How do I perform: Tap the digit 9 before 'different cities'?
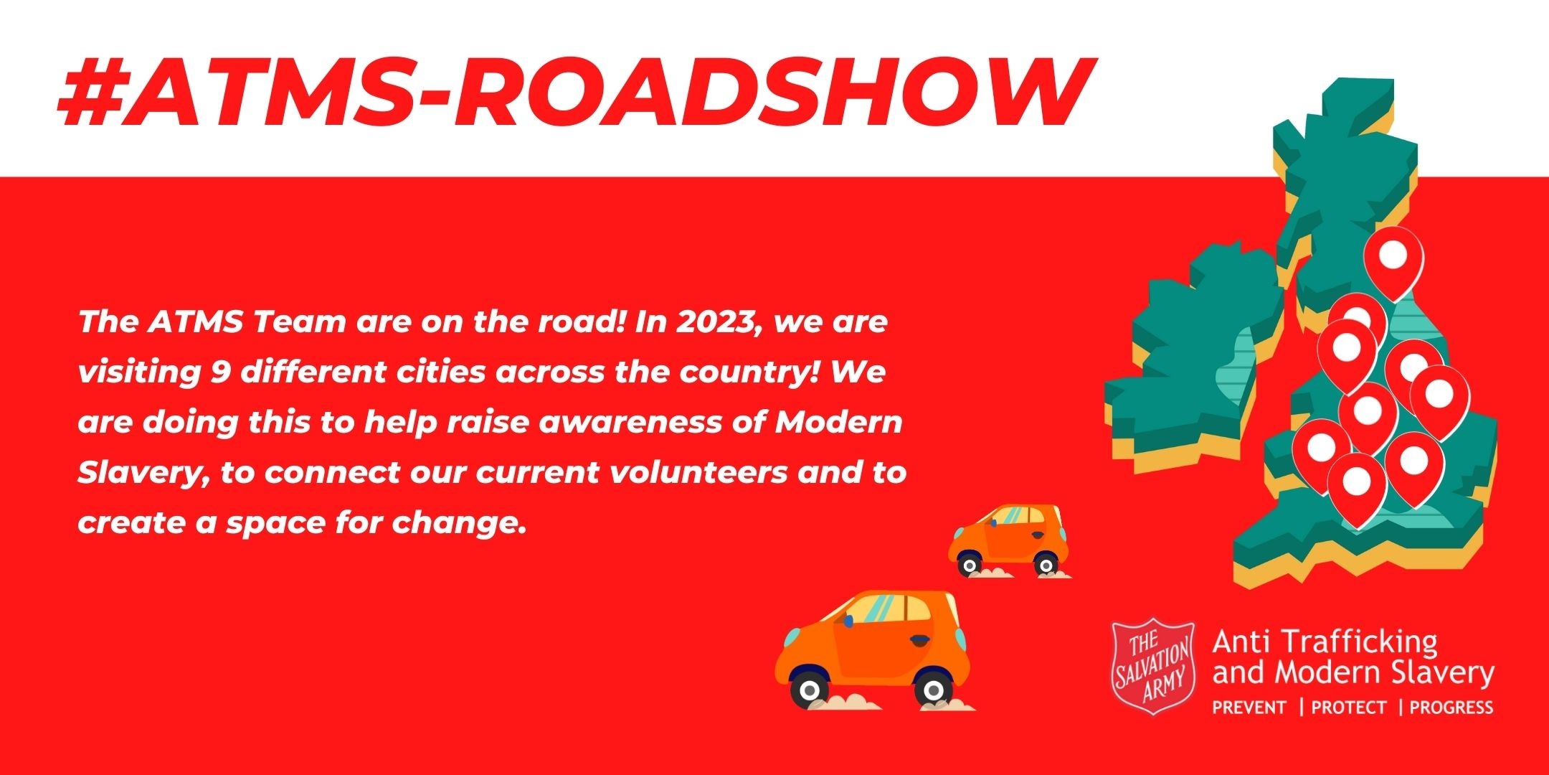[220, 372]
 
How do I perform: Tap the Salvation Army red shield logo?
[1154, 667]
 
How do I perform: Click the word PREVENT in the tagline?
[1249, 708]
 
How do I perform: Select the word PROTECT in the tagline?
[1348, 708]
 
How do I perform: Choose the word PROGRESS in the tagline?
[1451, 708]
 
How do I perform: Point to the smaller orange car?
[1008, 540]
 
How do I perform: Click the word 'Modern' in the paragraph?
[839, 423]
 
